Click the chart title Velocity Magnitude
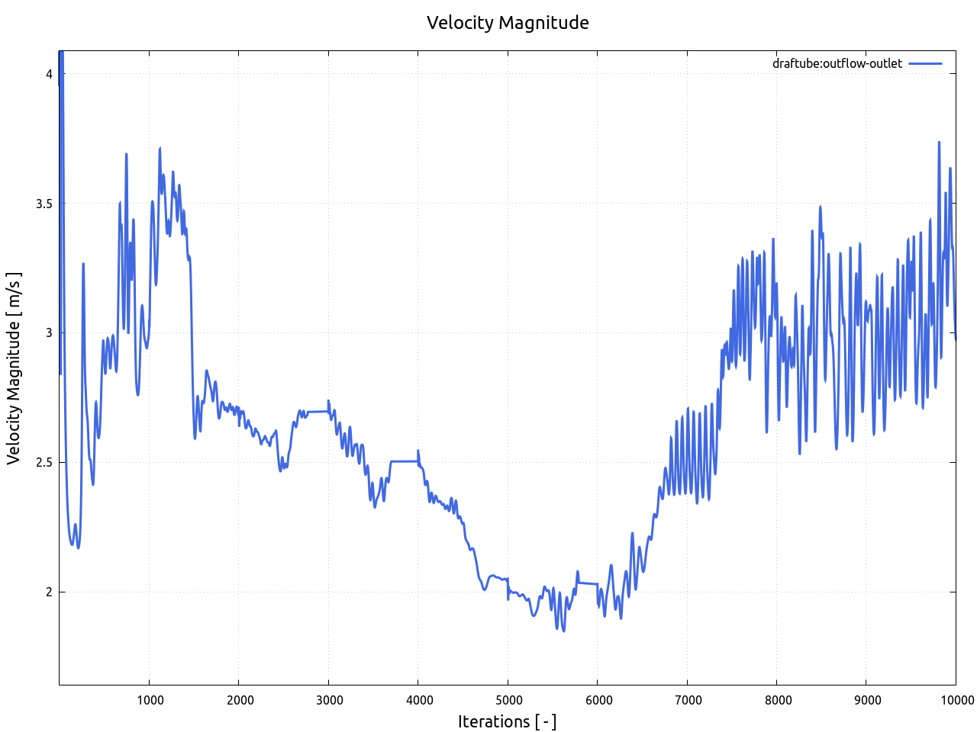tap(508, 23)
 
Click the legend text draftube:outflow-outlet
tap(837, 63)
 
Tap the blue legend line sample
tap(925, 63)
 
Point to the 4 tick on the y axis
tap(49, 74)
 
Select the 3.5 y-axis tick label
tap(44, 204)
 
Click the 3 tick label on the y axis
tap(49, 333)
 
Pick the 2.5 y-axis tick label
tap(44, 463)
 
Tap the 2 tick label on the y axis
tap(49, 592)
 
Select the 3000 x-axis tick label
tap(328, 700)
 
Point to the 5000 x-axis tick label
tap(508, 700)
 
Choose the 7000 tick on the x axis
tap(687, 700)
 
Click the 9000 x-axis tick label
tap(866, 700)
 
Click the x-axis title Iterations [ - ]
tap(507, 721)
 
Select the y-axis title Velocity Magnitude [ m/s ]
tap(14, 368)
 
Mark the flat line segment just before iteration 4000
tap(405, 461)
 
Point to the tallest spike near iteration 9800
tap(939, 143)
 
